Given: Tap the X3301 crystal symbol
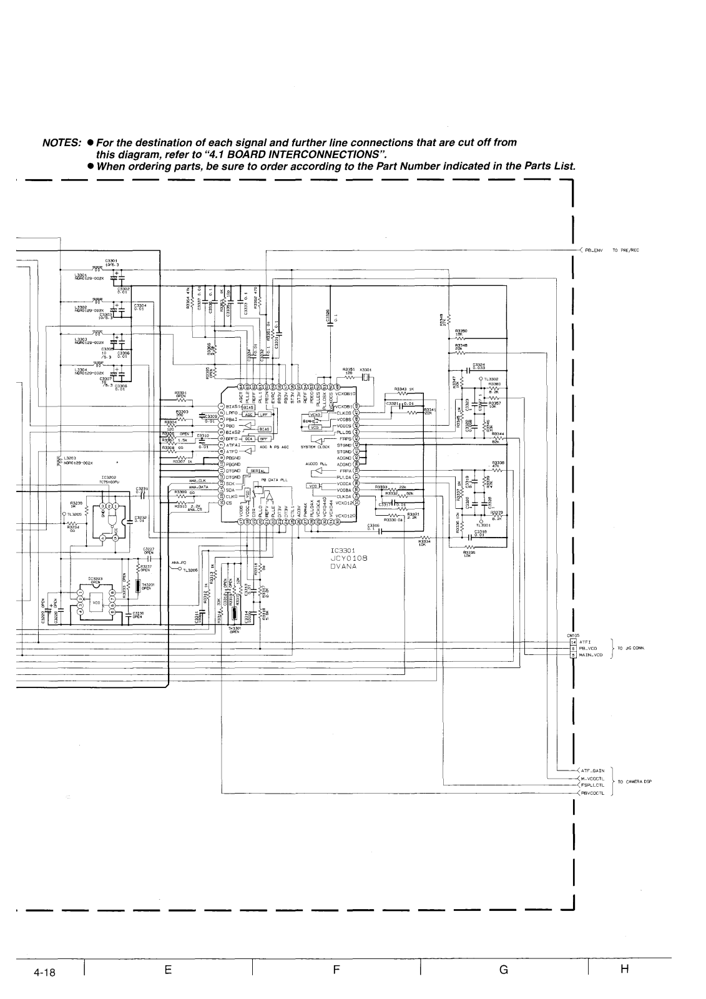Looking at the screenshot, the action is [366, 378].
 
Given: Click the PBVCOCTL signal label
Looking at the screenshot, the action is [594, 794].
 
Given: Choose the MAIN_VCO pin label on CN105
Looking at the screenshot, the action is [590, 655].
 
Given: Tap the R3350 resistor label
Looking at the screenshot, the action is [461, 331].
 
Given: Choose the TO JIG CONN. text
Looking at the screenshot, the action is [632, 649].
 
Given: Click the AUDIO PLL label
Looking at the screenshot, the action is [316, 464].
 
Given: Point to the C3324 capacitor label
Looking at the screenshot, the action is [479, 365].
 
